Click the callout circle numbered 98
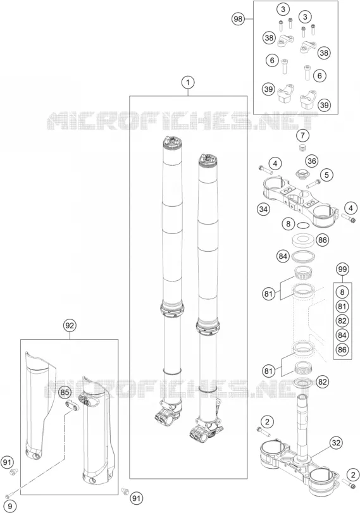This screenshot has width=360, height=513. pos(238,19)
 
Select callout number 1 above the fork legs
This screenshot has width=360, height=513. pos(188,82)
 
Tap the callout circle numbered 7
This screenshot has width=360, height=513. pos(302,135)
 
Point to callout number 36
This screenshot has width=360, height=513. pos(312,161)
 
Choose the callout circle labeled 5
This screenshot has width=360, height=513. pos(326,175)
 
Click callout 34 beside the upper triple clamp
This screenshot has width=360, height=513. pos(263,209)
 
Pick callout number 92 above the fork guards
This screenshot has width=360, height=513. pos(70,325)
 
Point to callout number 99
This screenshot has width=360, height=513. pos(342,269)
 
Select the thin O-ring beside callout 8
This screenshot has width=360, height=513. pos(303,225)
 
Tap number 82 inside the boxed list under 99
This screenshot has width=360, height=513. pos(342,321)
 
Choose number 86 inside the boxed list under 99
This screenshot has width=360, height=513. pos(342,349)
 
